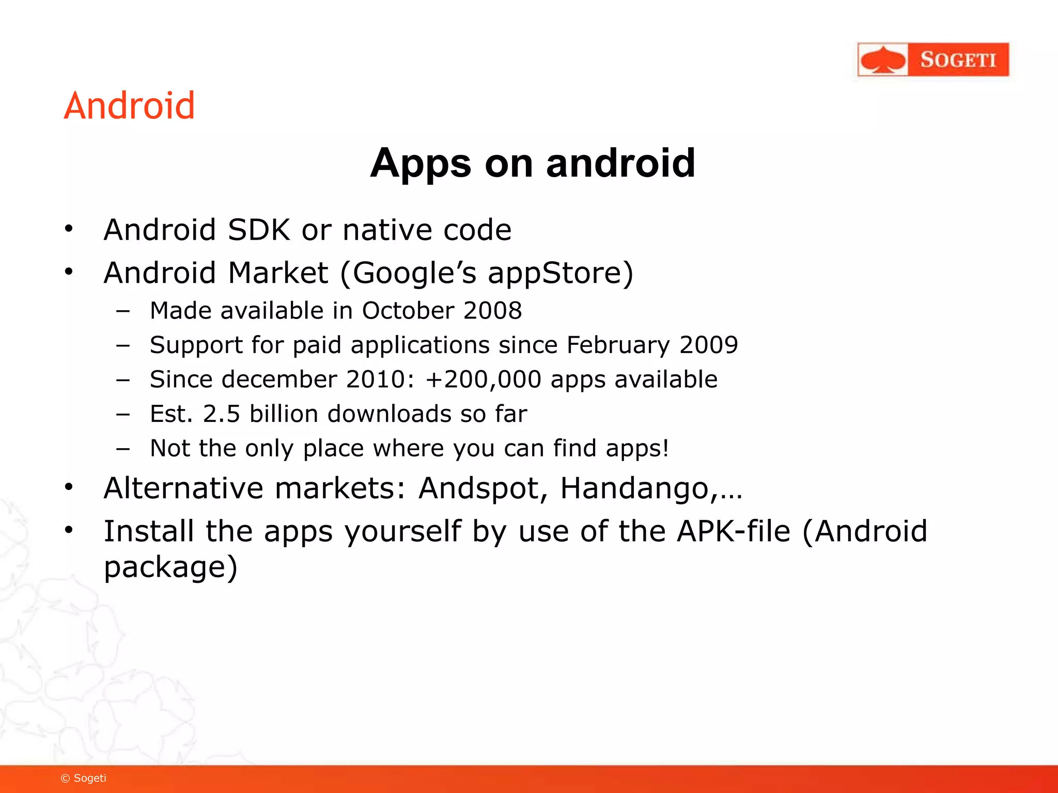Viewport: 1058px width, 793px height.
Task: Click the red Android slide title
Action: coord(129,106)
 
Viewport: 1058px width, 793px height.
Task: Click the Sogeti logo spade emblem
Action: coord(883,60)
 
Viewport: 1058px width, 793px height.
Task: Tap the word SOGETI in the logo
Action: coord(958,60)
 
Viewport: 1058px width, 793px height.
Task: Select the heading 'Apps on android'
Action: coord(533,163)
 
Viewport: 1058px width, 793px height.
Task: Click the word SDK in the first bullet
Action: coord(259,230)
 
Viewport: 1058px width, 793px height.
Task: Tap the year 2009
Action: coord(709,345)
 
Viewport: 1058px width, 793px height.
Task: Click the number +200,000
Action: coord(483,379)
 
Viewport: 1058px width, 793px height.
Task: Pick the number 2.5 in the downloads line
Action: coord(222,414)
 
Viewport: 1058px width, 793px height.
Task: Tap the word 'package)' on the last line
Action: coord(170,567)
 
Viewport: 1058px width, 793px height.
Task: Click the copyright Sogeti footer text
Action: coord(84,779)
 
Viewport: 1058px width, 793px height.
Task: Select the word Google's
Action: coord(414,273)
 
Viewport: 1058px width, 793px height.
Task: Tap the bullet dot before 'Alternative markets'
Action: coord(69,487)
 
